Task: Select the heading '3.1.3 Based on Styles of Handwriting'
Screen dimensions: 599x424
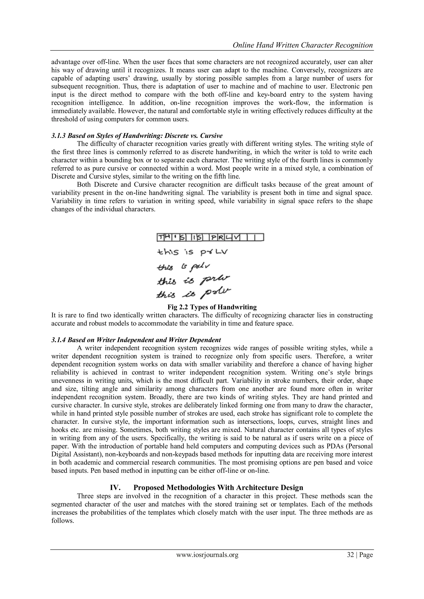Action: tap(137, 136)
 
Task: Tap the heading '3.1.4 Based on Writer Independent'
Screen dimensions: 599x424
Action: tap(136, 340)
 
